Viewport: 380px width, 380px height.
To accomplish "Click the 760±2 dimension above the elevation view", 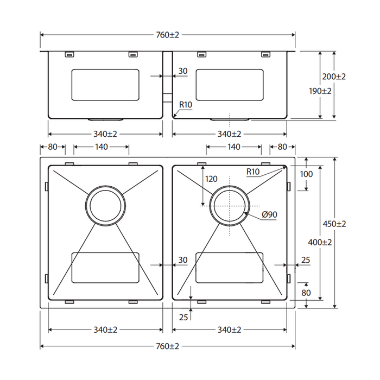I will pyautogui.click(x=167, y=35).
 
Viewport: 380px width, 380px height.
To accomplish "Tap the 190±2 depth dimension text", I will pyautogui.click(x=320, y=91).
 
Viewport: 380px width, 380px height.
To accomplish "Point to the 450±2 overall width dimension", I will pyautogui.click(x=334, y=224).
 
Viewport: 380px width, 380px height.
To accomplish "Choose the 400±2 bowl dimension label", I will pyautogui.click(x=320, y=243).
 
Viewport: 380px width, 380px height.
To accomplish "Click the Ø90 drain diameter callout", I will pyautogui.click(x=269, y=215).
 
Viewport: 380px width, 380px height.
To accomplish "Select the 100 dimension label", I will pyautogui.click(x=307, y=174).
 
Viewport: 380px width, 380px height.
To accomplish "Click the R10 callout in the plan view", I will pyautogui.click(x=253, y=172).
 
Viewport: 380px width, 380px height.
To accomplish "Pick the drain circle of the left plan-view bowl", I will pyautogui.click(x=106, y=206).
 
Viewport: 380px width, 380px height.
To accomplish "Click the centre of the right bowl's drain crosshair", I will pyautogui.click(x=230, y=206).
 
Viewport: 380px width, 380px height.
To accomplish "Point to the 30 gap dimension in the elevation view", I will pyautogui.click(x=182, y=71).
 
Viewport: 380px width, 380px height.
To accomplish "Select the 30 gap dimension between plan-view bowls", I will pyautogui.click(x=182, y=261).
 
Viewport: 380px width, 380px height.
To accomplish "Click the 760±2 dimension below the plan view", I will pyautogui.click(x=167, y=346).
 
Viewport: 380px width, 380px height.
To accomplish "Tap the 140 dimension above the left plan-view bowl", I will pyautogui.click(x=102, y=147).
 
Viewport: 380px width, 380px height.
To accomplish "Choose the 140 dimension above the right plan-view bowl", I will pyautogui.click(x=233, y=147).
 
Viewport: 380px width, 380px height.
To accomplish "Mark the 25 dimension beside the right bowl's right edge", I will pyautogui.click(x=306, y=261).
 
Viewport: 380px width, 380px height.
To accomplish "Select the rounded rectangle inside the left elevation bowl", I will pyautogui.click(x=106, y=85).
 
